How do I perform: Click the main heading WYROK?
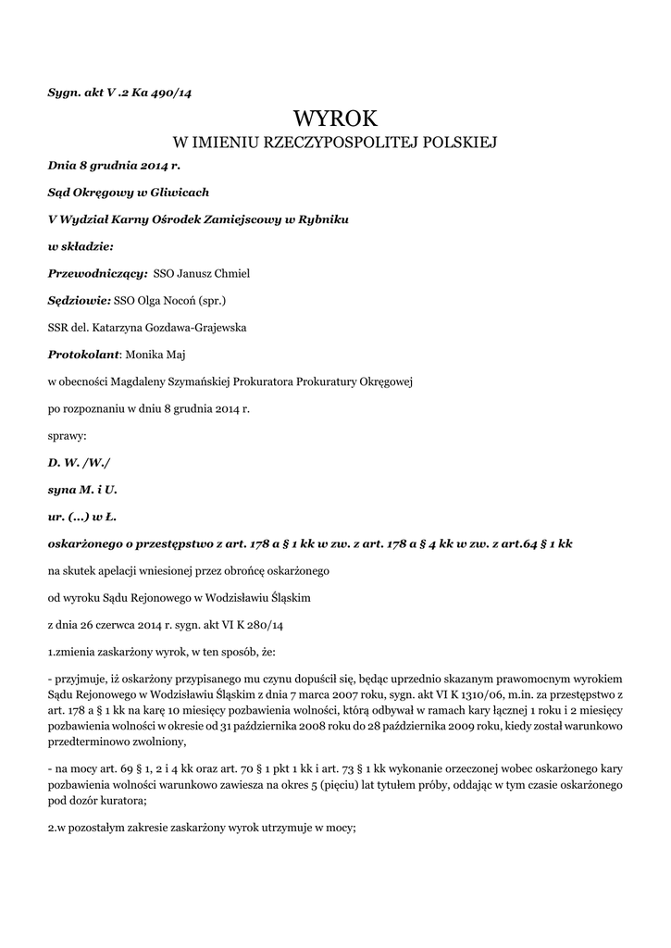point(336,118)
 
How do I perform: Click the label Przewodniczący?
point(97,273)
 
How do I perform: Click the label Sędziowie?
point(79,300)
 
